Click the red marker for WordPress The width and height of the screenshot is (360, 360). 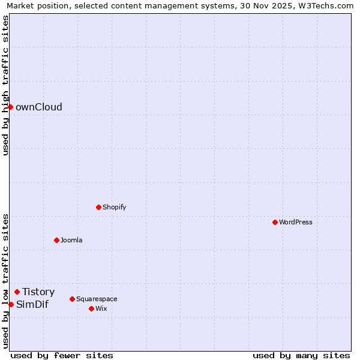[x=275, y=222]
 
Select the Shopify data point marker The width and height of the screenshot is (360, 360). [x=98, y=207]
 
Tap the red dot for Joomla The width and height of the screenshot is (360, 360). [x=56, y=240]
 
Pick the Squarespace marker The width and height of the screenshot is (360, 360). [x=72, y=299]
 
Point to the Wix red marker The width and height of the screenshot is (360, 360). [x=91, y=308]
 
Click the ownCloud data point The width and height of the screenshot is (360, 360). [x=10, y=107]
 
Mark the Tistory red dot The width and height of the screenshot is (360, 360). [x=17, y=292]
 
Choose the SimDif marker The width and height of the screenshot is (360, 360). [x=11, y=304]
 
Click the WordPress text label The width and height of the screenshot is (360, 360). [x=296, y=222]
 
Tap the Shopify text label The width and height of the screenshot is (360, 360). [x=114, y=207]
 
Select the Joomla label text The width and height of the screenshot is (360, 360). [x=71, y=240]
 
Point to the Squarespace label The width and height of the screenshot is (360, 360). [x=97, y=299]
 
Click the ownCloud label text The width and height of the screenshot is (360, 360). [x=39, y=107]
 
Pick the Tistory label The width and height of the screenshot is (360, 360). [x=38, y=292]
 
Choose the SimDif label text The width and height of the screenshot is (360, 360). [x=32, y=304]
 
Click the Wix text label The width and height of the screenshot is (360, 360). [x=101, y=308]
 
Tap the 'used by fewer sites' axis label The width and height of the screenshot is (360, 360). [x=62, y=355]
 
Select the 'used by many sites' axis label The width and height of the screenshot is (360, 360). [x=301, y=355]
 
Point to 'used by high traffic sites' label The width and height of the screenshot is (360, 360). [x=5, y=85]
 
